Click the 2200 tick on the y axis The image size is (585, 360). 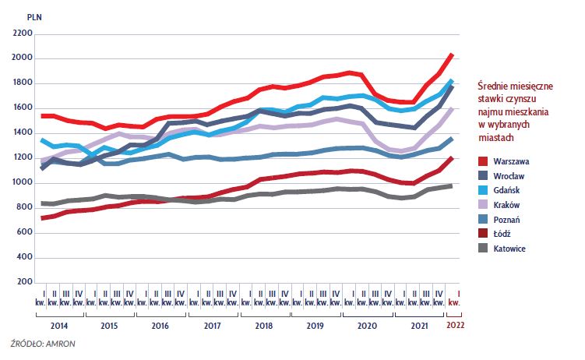coord(23,34)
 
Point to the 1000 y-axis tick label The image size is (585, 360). coord(23,183)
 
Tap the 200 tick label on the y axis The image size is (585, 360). coord(25,282)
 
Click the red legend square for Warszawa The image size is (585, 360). coord(483,161)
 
